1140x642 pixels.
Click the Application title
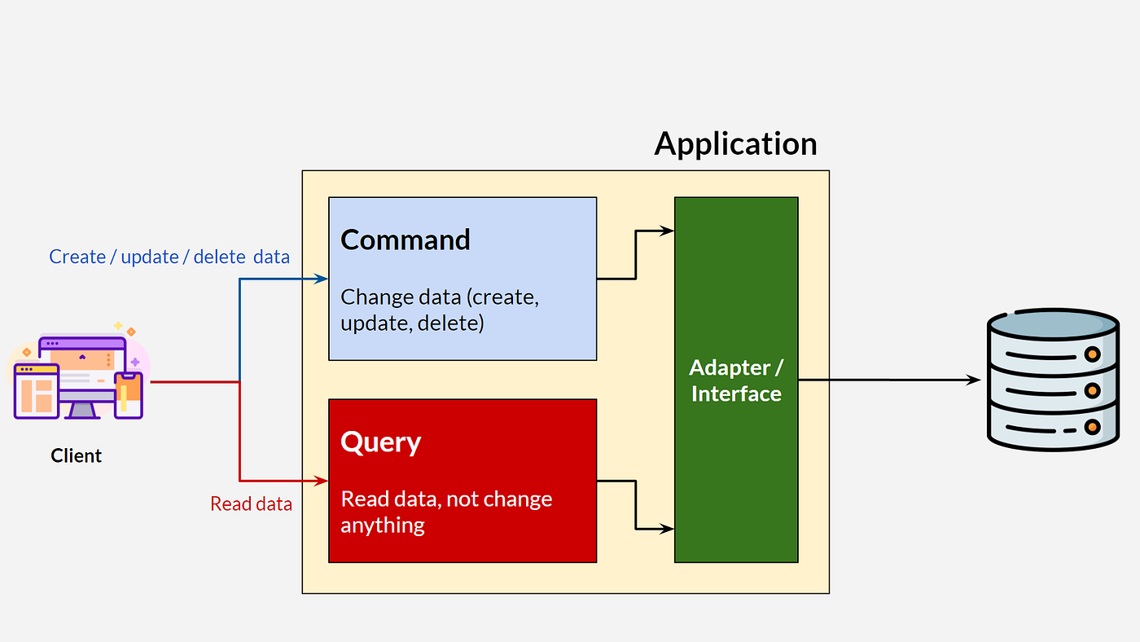point(735,143)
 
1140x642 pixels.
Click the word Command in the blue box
point(406,240)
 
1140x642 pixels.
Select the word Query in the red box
point(380,442)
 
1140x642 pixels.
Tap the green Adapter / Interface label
point(736,380)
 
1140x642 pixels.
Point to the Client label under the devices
point(77,455)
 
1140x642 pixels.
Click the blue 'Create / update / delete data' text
point(169,257)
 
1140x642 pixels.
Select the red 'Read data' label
point(251,503)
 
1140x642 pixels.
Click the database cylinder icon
point(1053,380)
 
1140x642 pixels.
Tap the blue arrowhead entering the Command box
point(322,279)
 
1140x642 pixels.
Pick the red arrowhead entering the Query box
point(322,481)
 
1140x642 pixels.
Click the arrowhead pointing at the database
point(973,380)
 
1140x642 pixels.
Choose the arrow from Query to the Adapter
point(635,505)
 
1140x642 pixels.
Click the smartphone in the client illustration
point(128,395)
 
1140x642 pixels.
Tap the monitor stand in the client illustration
point(82,410)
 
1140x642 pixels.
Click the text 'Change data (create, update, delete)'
point(440,310)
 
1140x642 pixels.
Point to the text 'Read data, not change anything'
point(446,512)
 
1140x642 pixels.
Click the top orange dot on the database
point(1092,354)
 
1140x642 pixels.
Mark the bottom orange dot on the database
point(1092,427)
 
